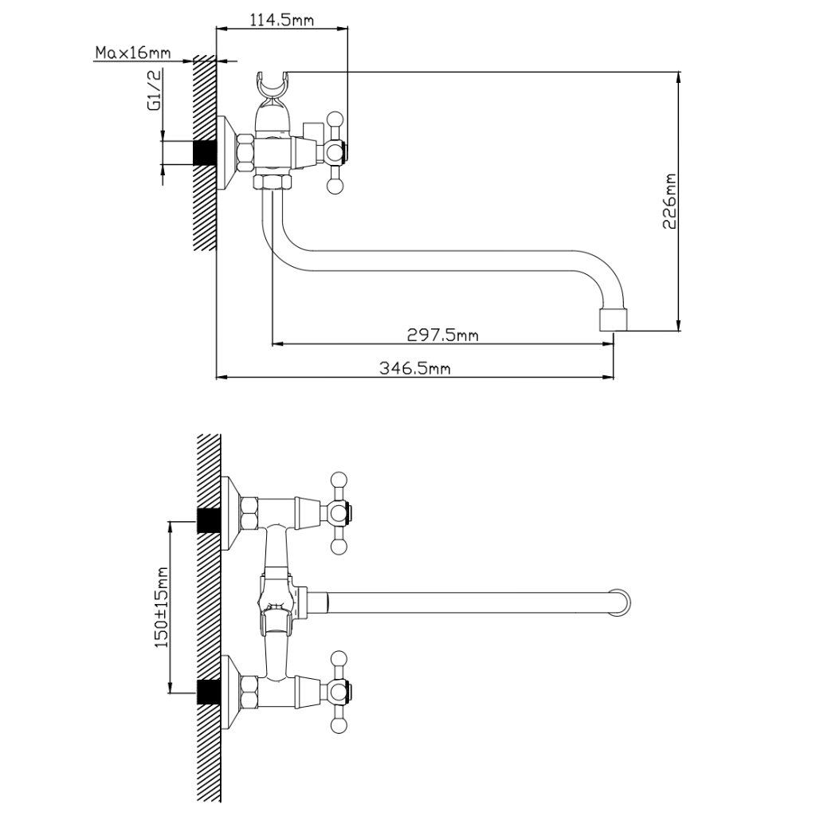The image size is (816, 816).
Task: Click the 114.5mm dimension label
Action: pyautogui.click(x=282, y=20)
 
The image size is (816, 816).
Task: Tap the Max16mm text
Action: pyautogui.click(x=133, y=53)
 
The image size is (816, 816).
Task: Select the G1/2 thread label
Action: pyautogui.click(x=155, y=89)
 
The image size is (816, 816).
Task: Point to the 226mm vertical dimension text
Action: pyautogui.click(x=669, y=202)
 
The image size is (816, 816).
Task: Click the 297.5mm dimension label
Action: pyautogui.click(x=442, y=335)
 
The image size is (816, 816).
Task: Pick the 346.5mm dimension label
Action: pyautogui.click(x=414, y=368)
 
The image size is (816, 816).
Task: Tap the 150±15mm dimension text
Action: pyautogui.click(x=162, y=607)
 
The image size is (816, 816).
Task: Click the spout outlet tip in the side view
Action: pyautogui.click(x=614, y=320)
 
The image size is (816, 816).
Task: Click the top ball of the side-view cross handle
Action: pyautogui.click(x=335, y=120)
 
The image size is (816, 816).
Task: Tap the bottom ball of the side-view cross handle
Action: pyautogui.click(x=335, y=186)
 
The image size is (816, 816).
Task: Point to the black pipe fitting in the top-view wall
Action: pyautogui.click(x=205, y=153)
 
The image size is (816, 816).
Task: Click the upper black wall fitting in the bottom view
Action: pyautogui.click(x=209, y=520)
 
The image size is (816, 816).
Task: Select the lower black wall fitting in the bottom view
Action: pyautogui.click(x=209, y=692)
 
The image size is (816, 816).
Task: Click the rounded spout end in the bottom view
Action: pyautogui.click(x=622, y=602)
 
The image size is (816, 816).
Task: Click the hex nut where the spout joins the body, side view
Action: pyautogui.click(x=273, y=182)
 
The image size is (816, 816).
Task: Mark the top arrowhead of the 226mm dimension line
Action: pyautogui.click(x=678, y=77)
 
